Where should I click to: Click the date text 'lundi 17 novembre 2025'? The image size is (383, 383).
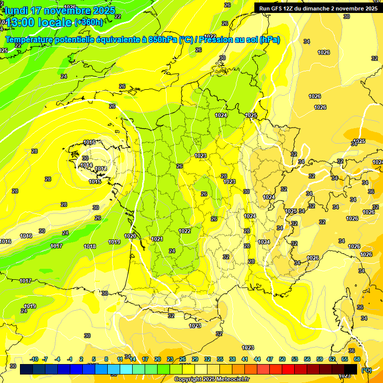click(x=60, y=10)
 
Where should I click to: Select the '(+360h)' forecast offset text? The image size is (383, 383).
click(x=89, y=22)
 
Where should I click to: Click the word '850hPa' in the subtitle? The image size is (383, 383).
click(x=162, y=40)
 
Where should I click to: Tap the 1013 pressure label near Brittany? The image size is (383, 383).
click(x=100, y=169)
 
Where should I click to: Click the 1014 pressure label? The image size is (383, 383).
click(x=86, y=165)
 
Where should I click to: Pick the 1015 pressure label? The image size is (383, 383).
click(x=95, y=182)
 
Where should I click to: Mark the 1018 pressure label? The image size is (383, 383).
click(x=90, y=246)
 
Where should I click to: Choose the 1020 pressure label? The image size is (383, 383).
click(x=130, y=236)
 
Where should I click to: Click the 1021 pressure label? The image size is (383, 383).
click(x=157, y=239)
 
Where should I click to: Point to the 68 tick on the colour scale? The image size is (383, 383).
click(x=357, y=359)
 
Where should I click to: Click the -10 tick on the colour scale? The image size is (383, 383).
click(x=34, y=359)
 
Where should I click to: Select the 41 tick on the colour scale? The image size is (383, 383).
click(x=245, y=359)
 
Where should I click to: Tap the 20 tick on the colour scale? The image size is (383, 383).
click(x=157, y=359)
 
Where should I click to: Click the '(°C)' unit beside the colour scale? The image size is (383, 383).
click(x=366, y=370)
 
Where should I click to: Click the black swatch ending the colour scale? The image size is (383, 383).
click(x=351, y=369)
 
